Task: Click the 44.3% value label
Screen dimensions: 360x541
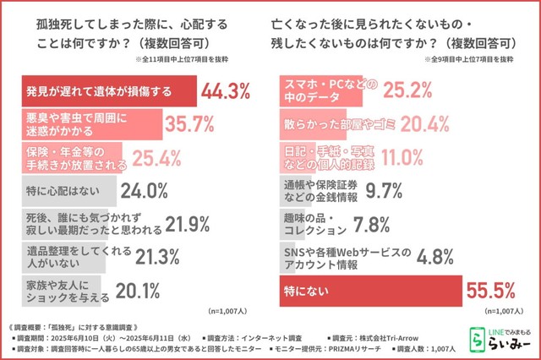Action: (229, 91)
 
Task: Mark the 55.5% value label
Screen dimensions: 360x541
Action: (491, 291)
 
